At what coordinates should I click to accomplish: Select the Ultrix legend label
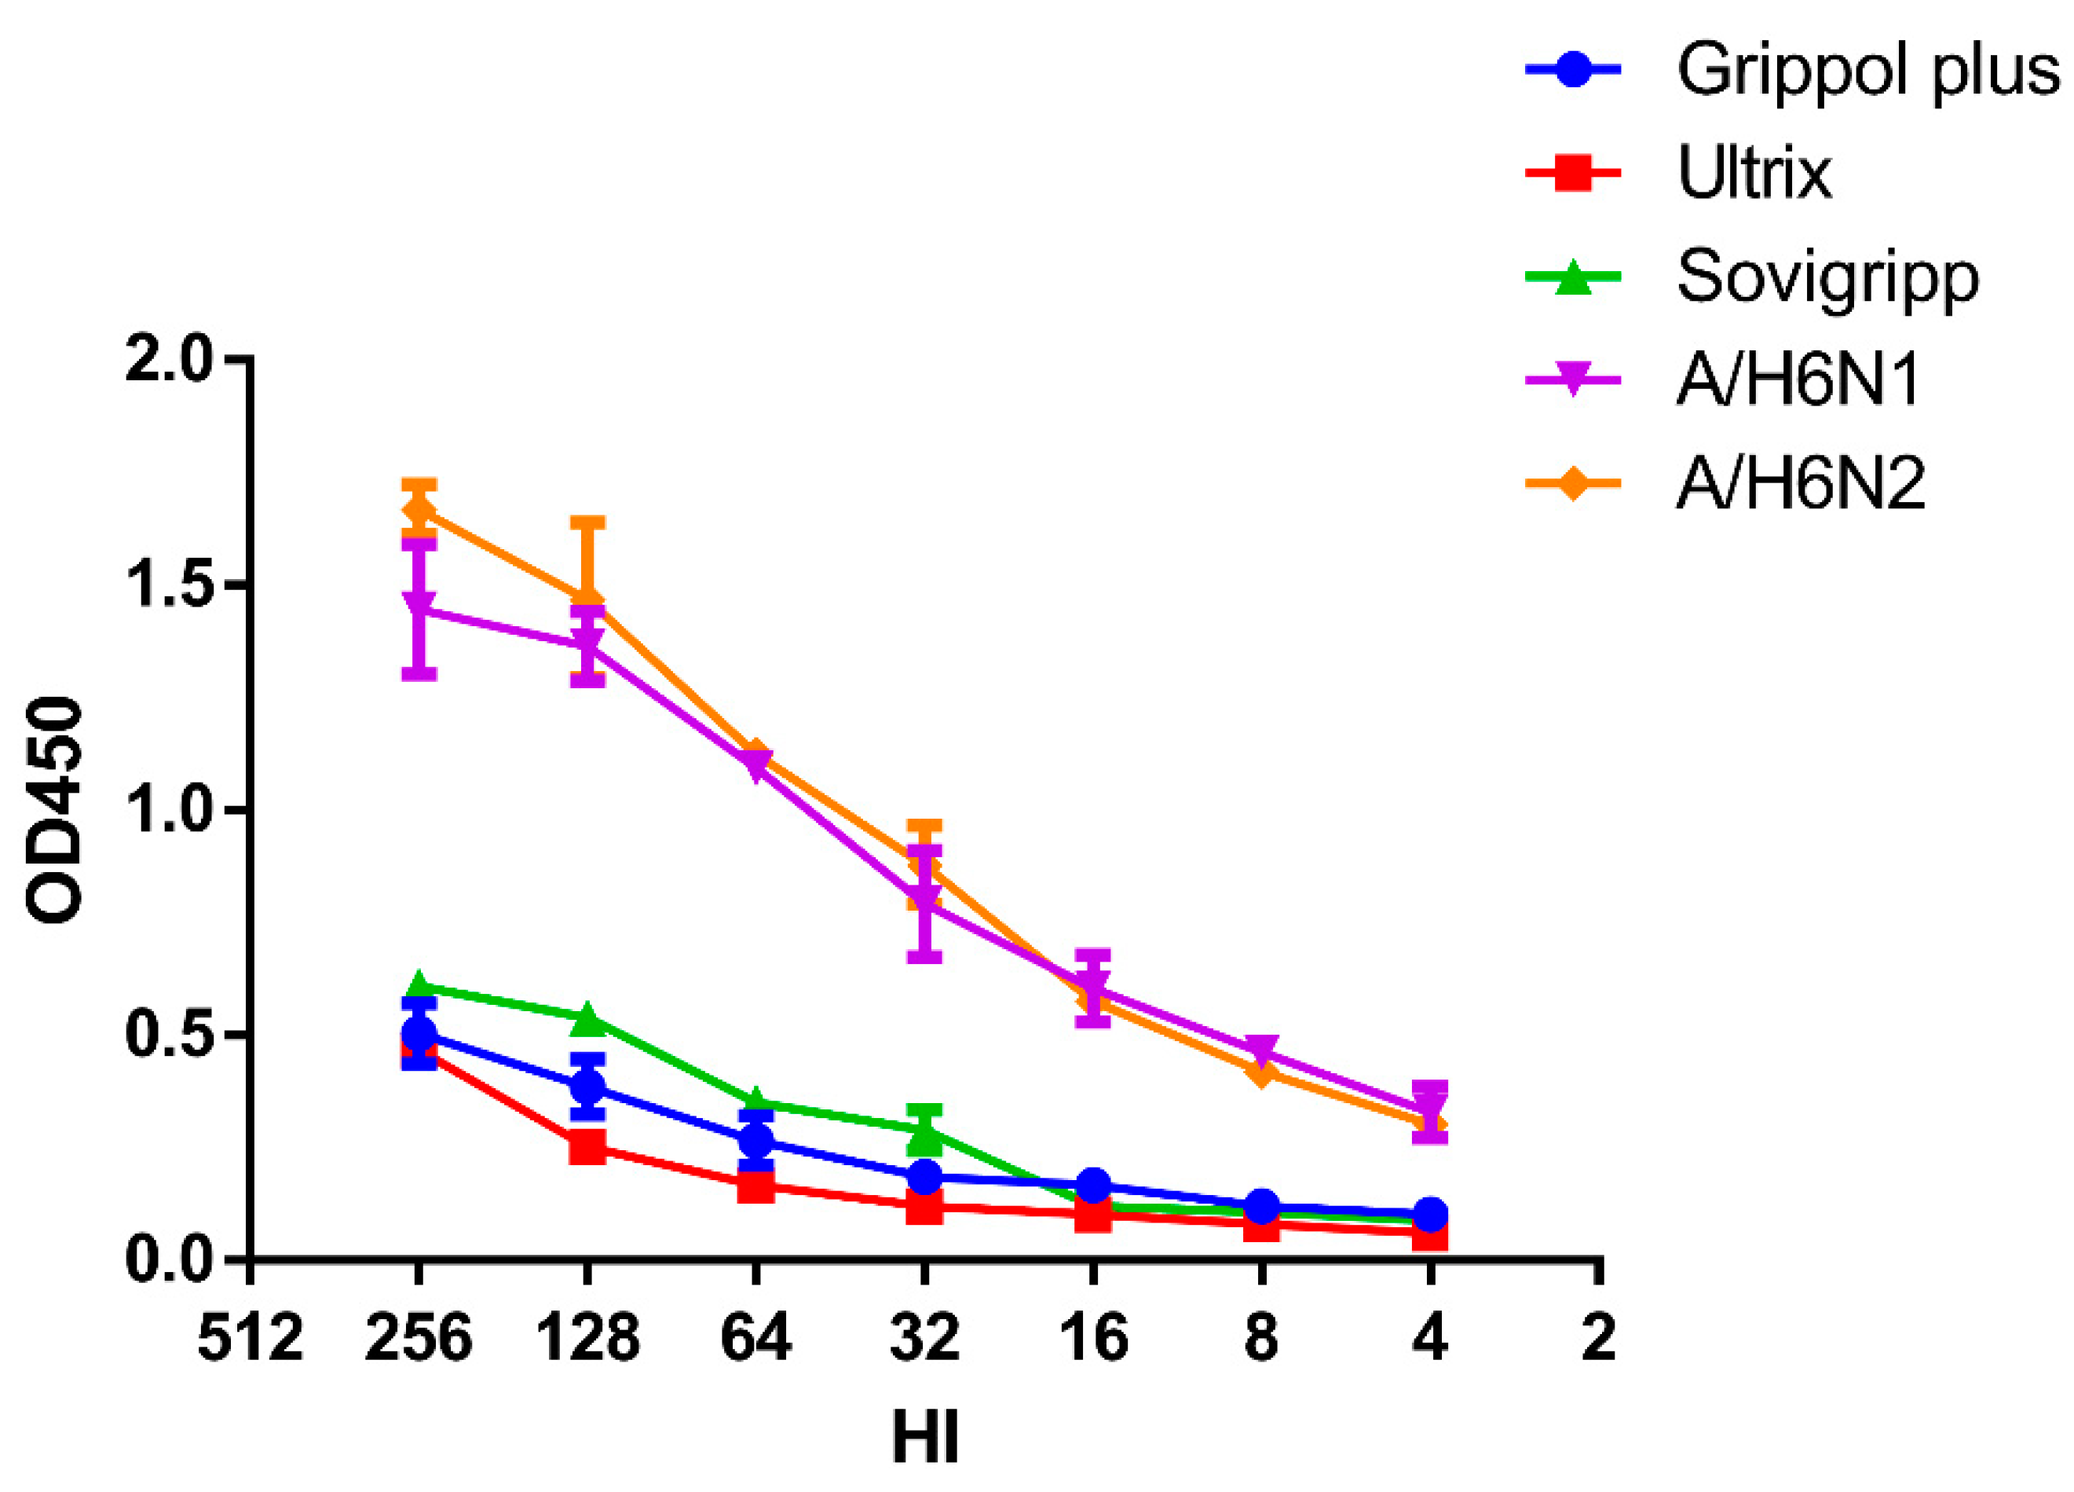pyautogui.click(x=1754, y=173)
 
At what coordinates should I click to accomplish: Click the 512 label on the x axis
pyautogui.click(x=250, y=1340)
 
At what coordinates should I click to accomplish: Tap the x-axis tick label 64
pyautogui.click(x=755, y=1340)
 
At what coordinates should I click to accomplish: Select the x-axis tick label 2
pyautogui.click(x=1597, y=1340)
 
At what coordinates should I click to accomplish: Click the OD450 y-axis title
pyautogui.click(x=55, y=809)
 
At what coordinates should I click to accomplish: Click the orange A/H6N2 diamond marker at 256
pyautogui.click(x=419, y=511)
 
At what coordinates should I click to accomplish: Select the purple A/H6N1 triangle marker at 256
pyautogui.click(x=419, y=606)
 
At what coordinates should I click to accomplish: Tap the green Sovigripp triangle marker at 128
pyautogui.click(x=587, y=1017)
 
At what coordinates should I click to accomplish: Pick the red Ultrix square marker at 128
pyautogui.click(x=587, y=1146)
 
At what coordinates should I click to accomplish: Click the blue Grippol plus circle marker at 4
pyautogui.click(x=1430, y=1215)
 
